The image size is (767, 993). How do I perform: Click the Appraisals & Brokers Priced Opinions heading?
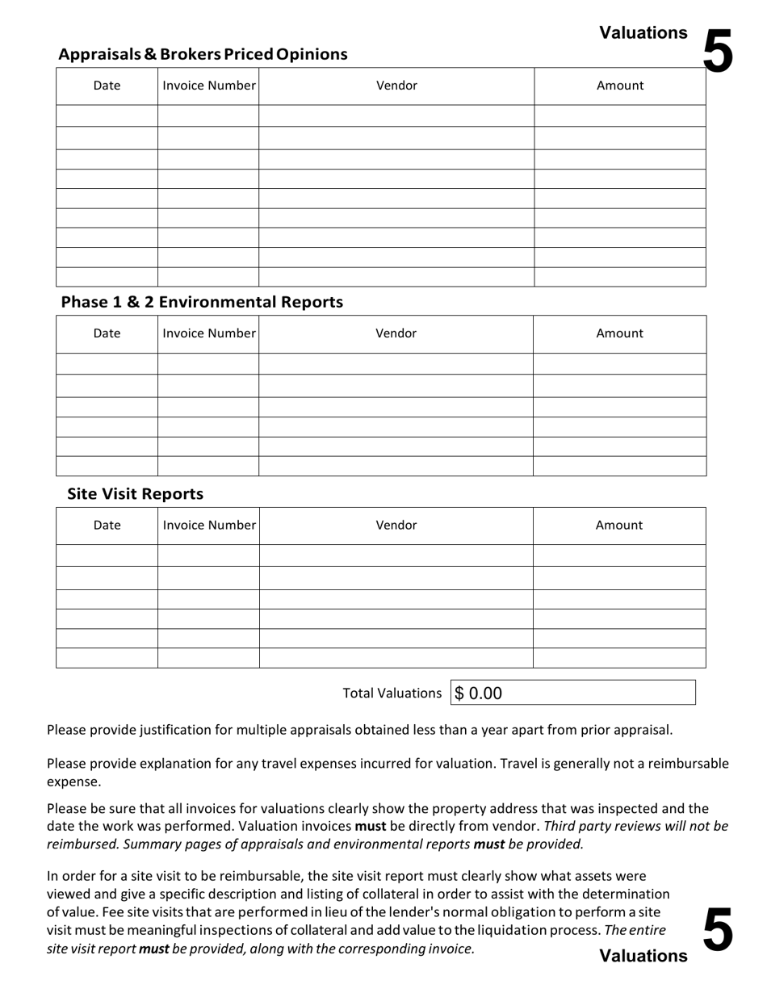203,54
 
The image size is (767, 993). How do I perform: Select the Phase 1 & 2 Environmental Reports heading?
202,302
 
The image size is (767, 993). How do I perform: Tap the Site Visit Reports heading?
135,493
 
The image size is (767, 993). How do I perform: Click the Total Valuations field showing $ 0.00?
572,693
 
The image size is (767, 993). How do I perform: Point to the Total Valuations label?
392,693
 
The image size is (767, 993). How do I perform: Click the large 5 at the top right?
718,52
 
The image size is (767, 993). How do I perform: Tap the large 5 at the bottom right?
718,929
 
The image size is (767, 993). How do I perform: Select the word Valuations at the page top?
643,33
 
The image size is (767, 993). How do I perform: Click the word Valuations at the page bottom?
643,956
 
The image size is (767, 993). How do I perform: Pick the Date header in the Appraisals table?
107,86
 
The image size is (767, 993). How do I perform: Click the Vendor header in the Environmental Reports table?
396,333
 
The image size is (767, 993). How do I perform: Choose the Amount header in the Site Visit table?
619,525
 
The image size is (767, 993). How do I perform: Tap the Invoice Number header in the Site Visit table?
208,525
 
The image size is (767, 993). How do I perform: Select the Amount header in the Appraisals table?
620,86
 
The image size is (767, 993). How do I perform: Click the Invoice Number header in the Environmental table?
208,333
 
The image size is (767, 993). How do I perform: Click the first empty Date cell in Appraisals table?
107,115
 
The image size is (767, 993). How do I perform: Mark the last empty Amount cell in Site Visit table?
619,658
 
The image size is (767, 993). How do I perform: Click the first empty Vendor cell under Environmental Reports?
396,363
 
